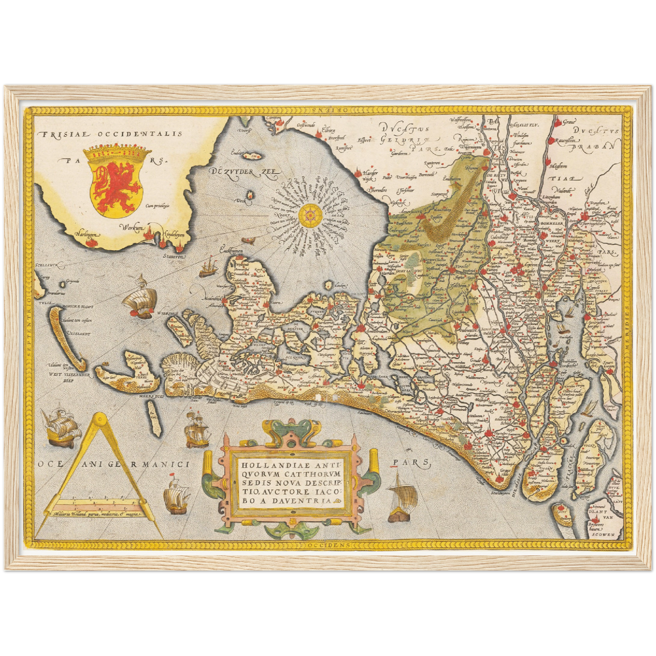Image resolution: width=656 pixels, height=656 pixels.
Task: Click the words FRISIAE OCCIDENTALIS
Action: [110, 133]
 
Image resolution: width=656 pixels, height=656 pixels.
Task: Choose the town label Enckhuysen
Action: [231, 251]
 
